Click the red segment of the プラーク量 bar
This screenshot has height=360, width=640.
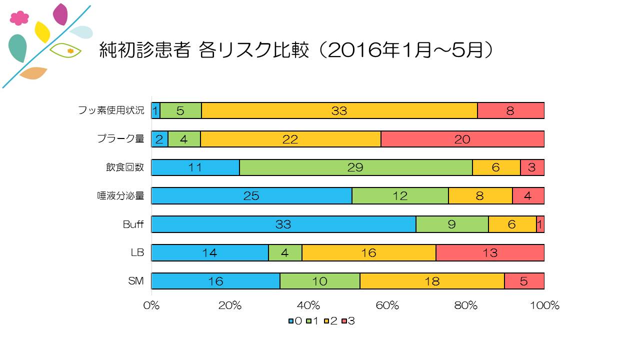(x=462, y=139)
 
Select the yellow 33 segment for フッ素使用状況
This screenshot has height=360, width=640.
(x=339, y=110)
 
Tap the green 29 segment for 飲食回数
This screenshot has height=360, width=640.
(x=355, y=167)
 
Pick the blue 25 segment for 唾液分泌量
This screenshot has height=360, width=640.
(x=251, y=196)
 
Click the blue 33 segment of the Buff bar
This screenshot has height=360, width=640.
(x=283, y=224)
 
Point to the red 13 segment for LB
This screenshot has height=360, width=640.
(x=490, y=253)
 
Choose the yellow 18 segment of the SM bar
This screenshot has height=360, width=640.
(x=432, y=281)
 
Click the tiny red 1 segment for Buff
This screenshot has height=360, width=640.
(x=540, y=224)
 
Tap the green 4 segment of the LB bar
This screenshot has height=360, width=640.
(x=285, y=253)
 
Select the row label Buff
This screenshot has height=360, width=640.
(x=133, y=224)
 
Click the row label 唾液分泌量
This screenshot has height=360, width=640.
(x=120, y=196)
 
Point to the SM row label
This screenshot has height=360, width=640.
(x=135, y=281)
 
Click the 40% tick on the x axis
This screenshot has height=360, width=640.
(x=308, y=305)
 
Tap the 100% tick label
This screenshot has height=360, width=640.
(x=544, y=305)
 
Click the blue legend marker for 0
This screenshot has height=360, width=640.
(x=291, y=321)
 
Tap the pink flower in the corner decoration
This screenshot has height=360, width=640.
(x=19, y=18)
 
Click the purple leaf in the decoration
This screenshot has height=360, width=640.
(x=60, y=14)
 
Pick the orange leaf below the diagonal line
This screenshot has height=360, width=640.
(x=33, y=73)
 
